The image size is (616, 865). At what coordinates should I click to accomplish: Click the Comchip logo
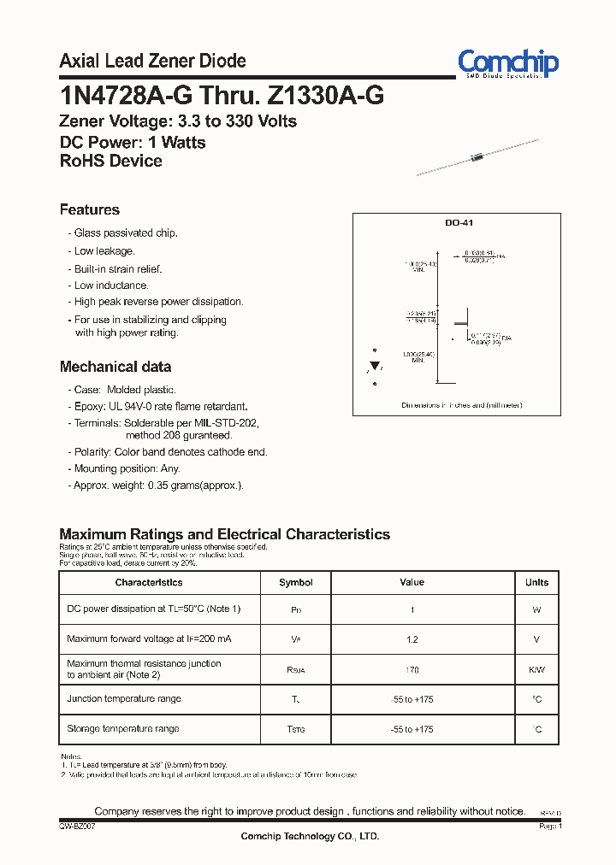tap(507, 63)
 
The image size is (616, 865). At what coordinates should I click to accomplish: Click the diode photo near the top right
tap(477, 156)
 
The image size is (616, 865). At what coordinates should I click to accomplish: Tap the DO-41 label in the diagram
tap(458, 223)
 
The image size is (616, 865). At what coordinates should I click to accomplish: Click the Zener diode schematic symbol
tap(374, 367)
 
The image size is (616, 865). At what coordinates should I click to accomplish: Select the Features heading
tap(90, 209)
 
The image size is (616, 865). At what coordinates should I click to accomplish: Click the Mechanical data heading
tap(115, 367)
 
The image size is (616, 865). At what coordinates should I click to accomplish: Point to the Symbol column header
tap(296, 582)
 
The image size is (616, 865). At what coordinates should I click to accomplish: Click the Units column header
tap(536, 582)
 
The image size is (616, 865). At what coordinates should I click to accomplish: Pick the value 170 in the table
tap(412, 670)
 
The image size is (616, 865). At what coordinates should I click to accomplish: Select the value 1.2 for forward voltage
tap(412, 639)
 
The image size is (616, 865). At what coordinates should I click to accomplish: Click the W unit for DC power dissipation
tap(536, 609)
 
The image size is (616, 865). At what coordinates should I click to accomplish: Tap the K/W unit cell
tap(536, 670)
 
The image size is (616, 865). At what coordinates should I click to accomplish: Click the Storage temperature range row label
tap(123, 729)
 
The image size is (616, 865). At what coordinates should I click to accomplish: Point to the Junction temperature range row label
tap(124, 699)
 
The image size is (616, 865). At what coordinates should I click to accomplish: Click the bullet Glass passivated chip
tap(125, 233)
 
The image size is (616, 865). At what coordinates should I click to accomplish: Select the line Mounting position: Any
tap(127, 468)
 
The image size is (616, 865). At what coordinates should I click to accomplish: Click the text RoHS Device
tap(110, 161)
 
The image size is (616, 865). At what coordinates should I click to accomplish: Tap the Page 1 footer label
tap(548, 827)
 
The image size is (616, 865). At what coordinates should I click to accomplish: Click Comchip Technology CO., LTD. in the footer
tap(309, 836)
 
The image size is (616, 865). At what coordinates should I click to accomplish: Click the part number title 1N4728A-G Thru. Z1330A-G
tap(222, 95)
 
